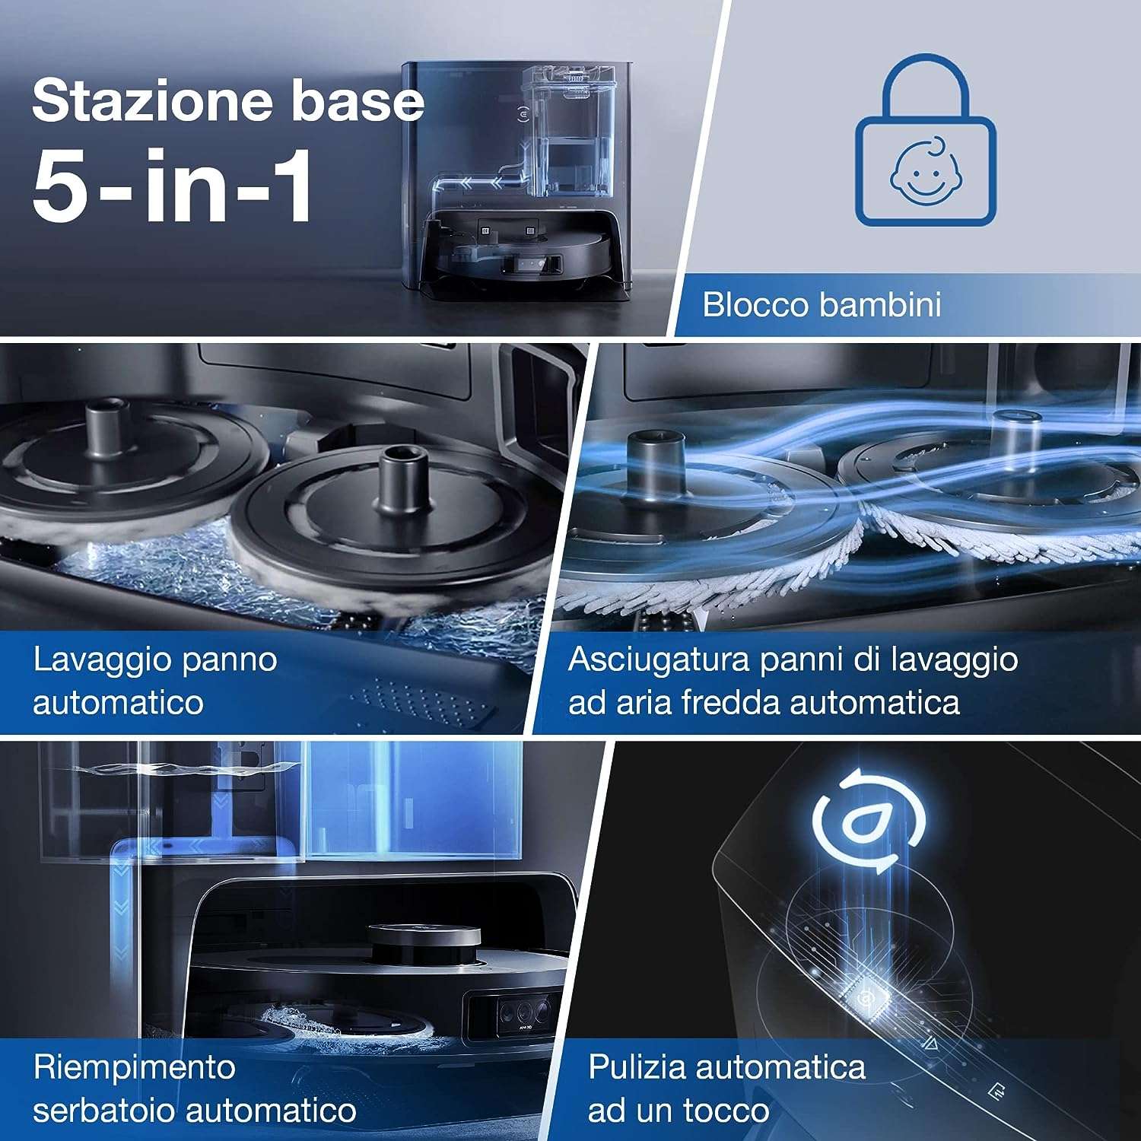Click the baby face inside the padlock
coord(926,173)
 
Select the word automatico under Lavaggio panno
coord(119,702)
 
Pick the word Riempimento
coord(135,1069)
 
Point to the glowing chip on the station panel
coord(865,996)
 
